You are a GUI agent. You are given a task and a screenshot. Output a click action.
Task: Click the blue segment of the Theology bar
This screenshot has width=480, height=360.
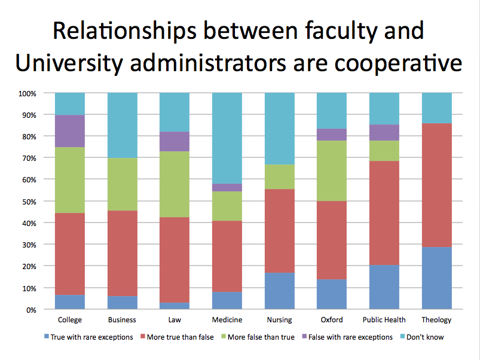click(436, 278)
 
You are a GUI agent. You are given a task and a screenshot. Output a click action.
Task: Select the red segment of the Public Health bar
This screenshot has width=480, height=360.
click(384, 213)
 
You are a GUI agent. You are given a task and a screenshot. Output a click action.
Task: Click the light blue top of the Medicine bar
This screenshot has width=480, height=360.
click(227, 138)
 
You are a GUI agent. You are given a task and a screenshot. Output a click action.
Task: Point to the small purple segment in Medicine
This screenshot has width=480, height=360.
click(227, 187)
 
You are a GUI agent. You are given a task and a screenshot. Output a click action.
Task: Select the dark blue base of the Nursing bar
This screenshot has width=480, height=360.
click(280, 291)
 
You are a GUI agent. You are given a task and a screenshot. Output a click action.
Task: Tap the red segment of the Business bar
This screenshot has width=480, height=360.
click(123, 253)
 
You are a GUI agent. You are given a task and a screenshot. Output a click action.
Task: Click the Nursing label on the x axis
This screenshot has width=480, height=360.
click(280, 320)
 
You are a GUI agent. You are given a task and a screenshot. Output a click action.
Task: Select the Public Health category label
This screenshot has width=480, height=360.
click(384, 320)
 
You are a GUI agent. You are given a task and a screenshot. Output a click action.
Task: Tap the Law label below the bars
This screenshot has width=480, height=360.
click(175, 320)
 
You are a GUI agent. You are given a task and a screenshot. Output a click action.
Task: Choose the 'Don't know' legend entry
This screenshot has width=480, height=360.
click(425, 337)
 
